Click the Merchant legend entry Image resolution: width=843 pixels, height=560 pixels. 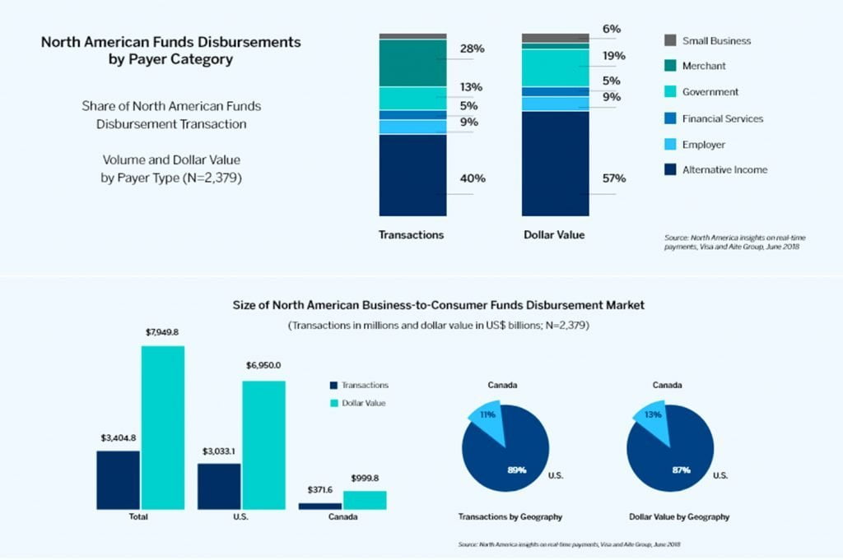tap(704, 66)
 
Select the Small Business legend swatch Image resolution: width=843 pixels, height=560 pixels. tap(670, 40)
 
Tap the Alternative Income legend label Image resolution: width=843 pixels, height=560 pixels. tap(724, 170)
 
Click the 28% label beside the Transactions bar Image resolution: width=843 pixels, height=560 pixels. tap(472, 49)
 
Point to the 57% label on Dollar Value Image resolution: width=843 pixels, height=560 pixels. tap(614, 178)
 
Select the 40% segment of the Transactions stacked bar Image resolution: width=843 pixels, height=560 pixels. tap(412, 175)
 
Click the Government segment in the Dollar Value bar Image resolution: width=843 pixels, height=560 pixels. tap(556, 67)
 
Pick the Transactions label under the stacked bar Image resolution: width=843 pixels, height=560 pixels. tap(411, 235)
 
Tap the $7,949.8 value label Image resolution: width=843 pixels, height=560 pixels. tap(162, 332)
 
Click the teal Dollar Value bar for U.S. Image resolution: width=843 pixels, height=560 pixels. tap(263, 445)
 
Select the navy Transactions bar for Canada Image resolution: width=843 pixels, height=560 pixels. tap(319, 507)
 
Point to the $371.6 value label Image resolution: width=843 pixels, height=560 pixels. tap(319, 489)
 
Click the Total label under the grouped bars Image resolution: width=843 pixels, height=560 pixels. tap(139, 517)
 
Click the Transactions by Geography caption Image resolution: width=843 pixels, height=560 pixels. tap(510, 517)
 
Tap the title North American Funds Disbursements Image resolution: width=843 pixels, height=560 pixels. tap(170, 41)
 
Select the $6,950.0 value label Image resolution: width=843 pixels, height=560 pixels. tap(263, 365)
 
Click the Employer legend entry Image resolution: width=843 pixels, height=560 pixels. tap(704, 145)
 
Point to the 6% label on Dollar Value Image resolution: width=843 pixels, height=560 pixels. tap(611, 30)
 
